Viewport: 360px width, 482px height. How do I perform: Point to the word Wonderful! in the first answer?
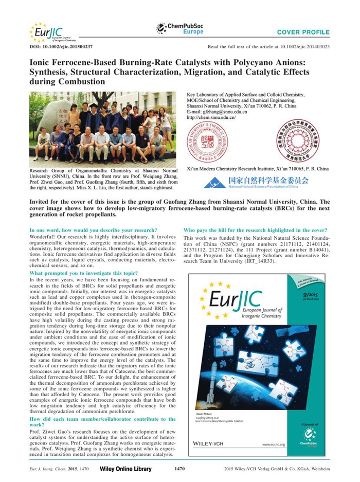[42, 238]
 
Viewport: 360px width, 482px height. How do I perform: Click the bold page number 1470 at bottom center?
[179, 469]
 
